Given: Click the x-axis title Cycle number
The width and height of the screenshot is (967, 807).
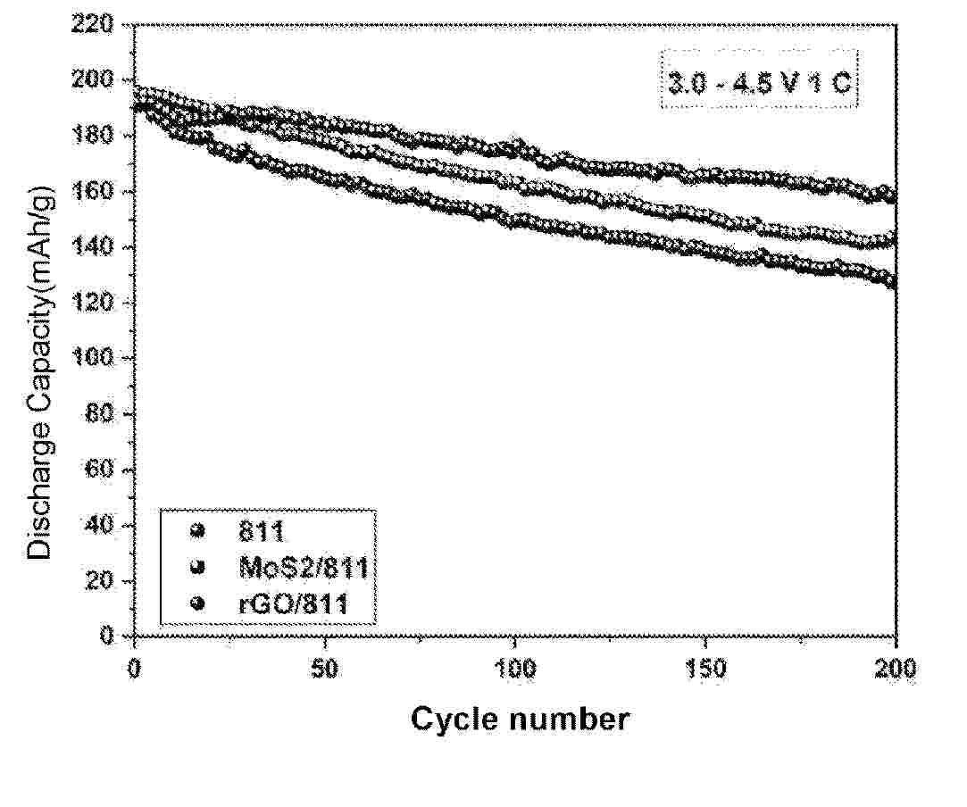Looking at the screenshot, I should pyautogui.click(x=520, y=719).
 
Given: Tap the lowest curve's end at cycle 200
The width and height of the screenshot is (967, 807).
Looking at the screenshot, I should pyautogui.click(x=893, y=282).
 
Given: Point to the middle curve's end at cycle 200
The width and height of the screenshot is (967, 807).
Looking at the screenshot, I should pyautogui.click(x=893, y=240).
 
